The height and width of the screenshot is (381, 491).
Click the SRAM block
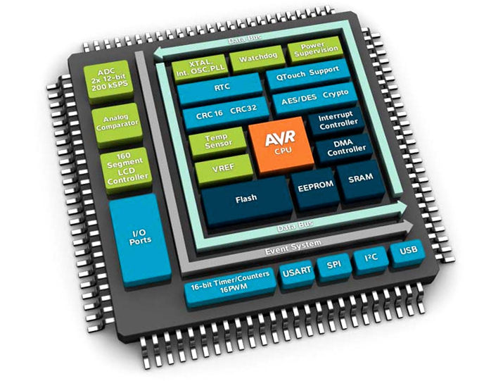[360, 177]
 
